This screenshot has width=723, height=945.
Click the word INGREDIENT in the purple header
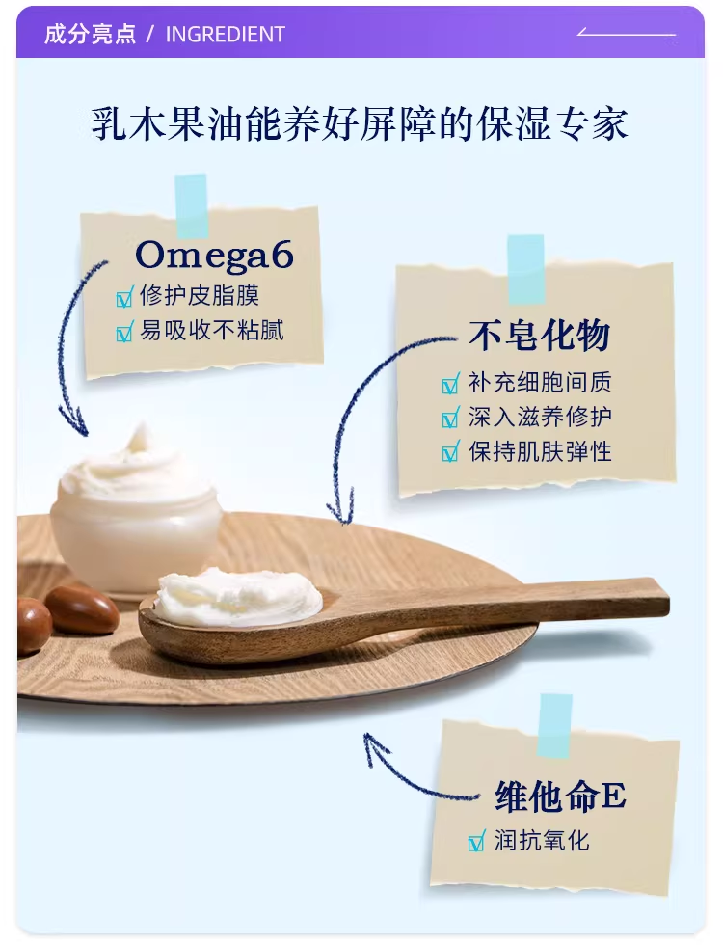click(225, 35)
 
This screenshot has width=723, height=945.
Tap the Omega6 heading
click(214, 255)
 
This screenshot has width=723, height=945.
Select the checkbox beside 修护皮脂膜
click(124, 297)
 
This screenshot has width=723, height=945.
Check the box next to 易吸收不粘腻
click(124, 332)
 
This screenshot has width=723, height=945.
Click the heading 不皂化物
click(540, 336)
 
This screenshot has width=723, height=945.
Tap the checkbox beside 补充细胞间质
click(451, 384)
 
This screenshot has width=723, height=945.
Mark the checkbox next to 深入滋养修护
click(451, 418)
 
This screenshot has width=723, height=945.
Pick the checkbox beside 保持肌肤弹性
click(451, 452)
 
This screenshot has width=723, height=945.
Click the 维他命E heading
click(560, 796)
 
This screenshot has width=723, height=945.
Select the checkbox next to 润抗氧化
click(476, 841)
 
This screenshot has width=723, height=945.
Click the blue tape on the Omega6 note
click(192, 206)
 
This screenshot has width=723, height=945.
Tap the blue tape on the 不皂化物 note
click(526, 269)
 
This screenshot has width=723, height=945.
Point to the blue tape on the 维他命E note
click(555, 725)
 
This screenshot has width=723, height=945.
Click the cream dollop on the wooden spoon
click(239, 596)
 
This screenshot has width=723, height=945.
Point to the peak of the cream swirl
click(143, 425)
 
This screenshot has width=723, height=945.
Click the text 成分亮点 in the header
click(91, 35)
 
